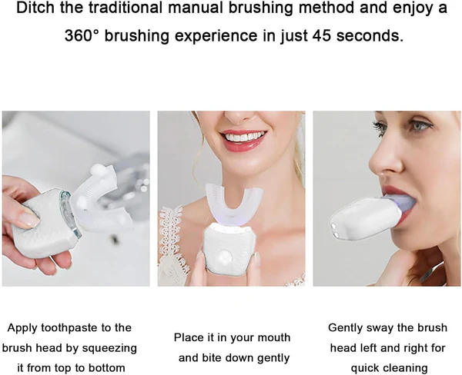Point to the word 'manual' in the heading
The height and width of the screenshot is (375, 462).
click(196, 8)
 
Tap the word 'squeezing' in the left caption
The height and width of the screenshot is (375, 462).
click(109, 348)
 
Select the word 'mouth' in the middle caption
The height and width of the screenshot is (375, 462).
click(273, 337)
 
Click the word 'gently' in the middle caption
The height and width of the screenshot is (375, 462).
click(273, 358)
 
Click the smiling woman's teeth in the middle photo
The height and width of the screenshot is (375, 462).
click(244, 138)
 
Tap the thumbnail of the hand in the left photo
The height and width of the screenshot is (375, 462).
click(29, 220)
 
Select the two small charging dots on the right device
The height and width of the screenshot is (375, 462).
click(334, 230)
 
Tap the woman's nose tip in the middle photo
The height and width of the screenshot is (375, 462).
click(237, 117)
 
